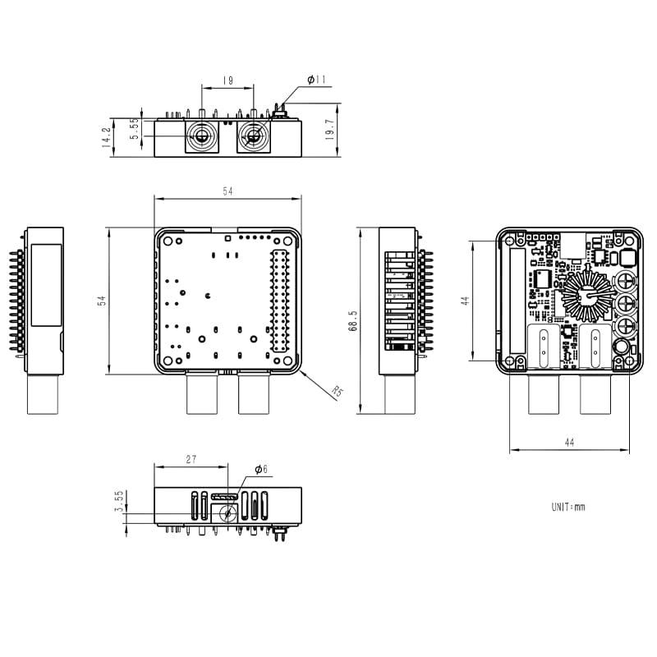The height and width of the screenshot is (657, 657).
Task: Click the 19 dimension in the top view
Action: tap(227, 81)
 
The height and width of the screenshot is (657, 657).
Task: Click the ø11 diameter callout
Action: tap(317, 80)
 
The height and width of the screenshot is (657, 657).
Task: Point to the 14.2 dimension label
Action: tap(106, 136)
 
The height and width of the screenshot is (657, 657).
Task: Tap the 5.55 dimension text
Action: tap(135, 129)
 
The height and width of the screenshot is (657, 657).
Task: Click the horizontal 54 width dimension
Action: tap(227, 191)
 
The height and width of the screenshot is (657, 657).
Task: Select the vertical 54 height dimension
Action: tap(102, 301)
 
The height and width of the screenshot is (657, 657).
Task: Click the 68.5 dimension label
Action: tap(352, 319)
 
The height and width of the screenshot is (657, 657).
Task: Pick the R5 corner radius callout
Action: tap(336, 391)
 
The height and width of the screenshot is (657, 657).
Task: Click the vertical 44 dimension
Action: tap(464, 301)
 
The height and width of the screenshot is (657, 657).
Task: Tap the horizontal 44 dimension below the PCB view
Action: tap(569, 442)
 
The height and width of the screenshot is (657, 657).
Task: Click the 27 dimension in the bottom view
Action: tap(191, 460)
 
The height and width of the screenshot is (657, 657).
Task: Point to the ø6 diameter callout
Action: tap(260, 469)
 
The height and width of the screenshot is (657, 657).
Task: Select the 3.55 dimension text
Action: tap(119, 502)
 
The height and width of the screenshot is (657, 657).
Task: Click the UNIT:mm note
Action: tap(568, 507)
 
